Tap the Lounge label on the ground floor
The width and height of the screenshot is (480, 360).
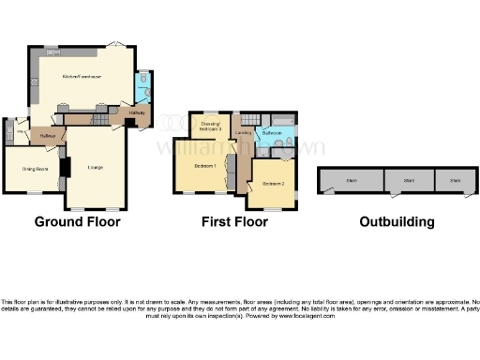95,167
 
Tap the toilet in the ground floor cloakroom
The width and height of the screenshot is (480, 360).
142,80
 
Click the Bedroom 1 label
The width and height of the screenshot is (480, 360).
204,166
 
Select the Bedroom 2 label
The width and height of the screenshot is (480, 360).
273,183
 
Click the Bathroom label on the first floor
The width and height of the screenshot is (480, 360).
273,133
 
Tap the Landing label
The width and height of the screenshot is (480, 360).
242,133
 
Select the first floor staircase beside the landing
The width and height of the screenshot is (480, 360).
248,119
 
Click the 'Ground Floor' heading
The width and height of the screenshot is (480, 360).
77,222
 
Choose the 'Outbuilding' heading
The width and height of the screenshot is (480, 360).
397,222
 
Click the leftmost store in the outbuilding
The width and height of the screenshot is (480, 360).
351,180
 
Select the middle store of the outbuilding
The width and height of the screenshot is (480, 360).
407,180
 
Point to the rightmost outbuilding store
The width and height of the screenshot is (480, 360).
455,180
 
